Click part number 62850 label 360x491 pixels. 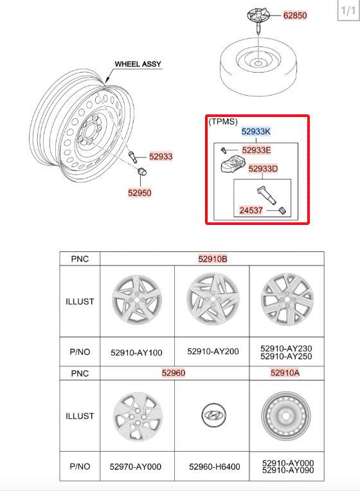coord(295,15)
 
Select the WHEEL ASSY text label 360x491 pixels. coord(138,64)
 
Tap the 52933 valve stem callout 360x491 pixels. coord(161,156)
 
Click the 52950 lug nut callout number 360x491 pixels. coord(139,193)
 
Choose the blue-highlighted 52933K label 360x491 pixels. coord(256,132)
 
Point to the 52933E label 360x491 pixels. coord(256,150)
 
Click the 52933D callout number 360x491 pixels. coord(263,169)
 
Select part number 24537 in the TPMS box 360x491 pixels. coord(251,210)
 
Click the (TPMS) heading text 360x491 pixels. coord(223,121)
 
